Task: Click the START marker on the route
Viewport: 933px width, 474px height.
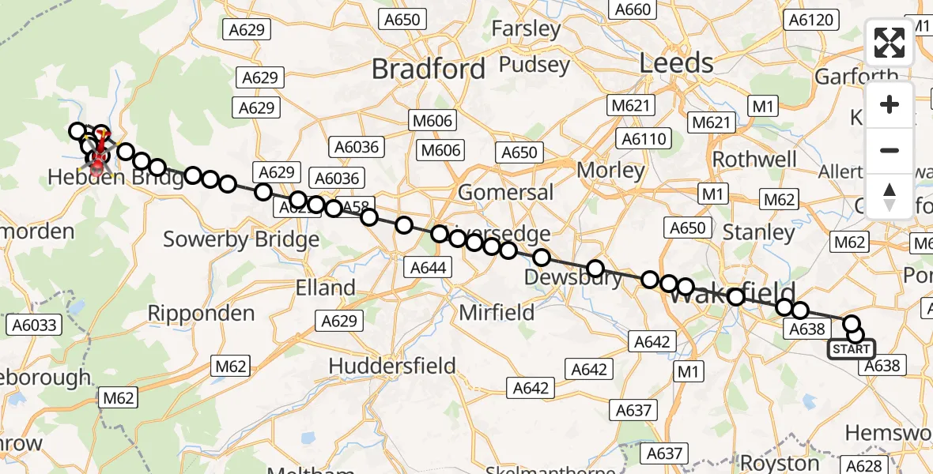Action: (x=851, y=349)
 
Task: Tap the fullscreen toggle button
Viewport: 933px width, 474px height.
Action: (x=890, y=43)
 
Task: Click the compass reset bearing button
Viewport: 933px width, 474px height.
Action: (x=890, y=197)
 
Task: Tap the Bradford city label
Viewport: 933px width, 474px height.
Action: (x=429, y=70)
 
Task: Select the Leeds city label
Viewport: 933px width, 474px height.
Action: (x=676, y=63)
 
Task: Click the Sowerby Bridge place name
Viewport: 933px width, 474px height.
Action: (x=241, y=239)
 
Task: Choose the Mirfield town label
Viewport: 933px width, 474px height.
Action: (x=497, y=313)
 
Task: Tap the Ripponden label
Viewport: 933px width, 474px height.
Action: (x=202, y=314)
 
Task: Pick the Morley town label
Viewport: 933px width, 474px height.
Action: (x=611, y=170)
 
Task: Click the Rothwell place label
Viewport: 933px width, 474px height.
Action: (x=754, y=159)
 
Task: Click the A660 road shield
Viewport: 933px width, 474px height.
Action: (x=633, y=9)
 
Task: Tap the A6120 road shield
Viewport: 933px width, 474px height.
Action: (x=811, y=20)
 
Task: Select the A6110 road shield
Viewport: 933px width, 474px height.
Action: (x=645, y=139)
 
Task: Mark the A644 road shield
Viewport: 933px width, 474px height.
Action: (x=429, y=268)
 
